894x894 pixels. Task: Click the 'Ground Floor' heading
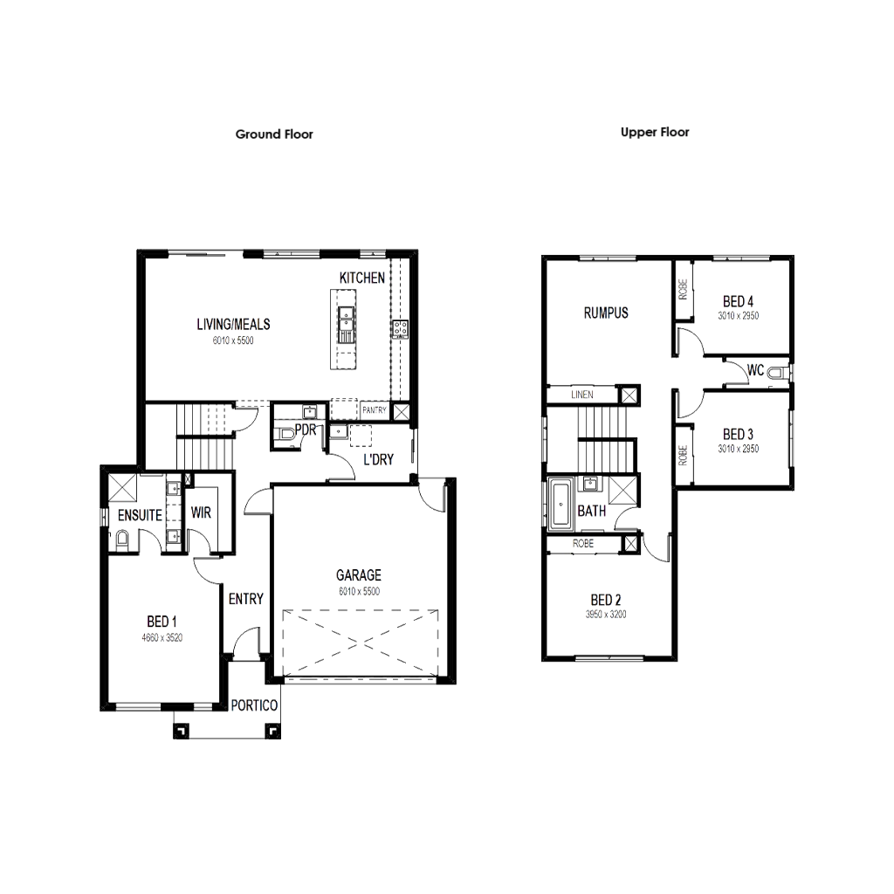tap(274, 134)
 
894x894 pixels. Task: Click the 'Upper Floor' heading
tap(655, 133)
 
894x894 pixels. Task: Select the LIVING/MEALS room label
tap(237, 325)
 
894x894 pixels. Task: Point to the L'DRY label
tap(378, 457)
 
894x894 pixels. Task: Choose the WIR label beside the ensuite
tap(200, 513)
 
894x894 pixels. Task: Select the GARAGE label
tap(359, 576)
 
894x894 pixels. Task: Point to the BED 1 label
tap(162, 622)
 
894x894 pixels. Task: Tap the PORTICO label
tap(255, 705)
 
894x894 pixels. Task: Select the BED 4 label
tap(740, 303)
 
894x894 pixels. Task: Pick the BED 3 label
tap(739, 435)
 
